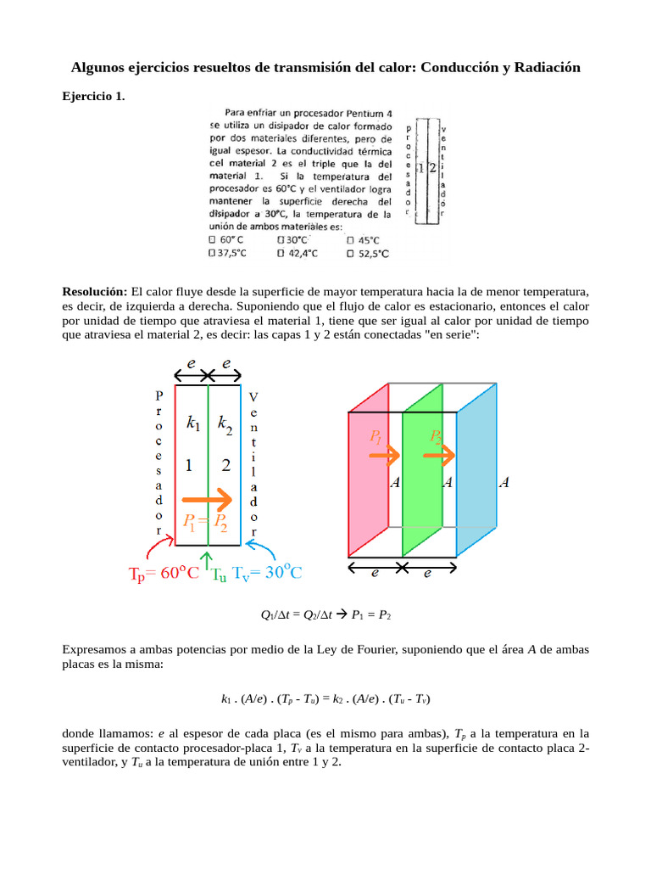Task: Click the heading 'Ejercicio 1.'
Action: (x=93, y=97)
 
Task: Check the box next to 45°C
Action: (x=351, y=240)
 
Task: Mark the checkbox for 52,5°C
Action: (x=351, y=252)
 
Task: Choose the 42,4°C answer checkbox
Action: (x=281, y=252)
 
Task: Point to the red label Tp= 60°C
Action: (x=164, y=573)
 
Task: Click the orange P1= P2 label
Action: (x=200, y=521)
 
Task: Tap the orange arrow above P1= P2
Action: (x=208, y=499)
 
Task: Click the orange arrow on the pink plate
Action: (x=384, y=457)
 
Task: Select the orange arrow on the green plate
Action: (x=439, y=456)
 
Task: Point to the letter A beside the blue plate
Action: (x=504, y=483)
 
